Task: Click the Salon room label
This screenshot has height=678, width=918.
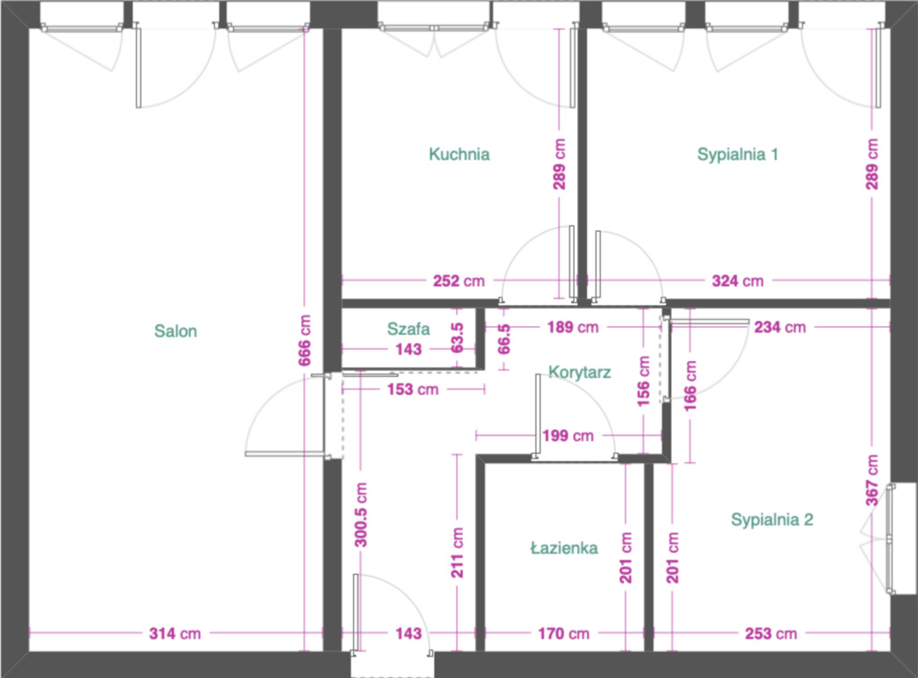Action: tap(176, 331)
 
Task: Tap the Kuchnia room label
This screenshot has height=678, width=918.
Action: tap(459, 154)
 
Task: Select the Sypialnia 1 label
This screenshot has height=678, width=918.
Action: tap(738, 154)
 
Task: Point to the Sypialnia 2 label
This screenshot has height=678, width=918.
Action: tap(772, 519)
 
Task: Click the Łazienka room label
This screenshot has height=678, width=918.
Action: tap(565, 548)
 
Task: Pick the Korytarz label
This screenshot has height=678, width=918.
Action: tap(580, 372)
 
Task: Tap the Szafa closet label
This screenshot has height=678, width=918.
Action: tap(409, 329)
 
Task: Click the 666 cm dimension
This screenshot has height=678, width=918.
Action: tap(305, 340)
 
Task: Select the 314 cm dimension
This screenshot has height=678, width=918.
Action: tap(175, 633)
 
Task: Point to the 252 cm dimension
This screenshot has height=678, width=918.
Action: tap(459, 281)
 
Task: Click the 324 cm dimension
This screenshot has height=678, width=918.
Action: tap(738, 281)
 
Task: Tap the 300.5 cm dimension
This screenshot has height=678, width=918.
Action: tap(361, 515)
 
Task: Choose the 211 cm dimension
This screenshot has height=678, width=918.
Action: tap(457, 553)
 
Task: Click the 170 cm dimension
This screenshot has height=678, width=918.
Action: tap(564, 633)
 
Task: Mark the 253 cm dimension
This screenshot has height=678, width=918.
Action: tap(771, 633)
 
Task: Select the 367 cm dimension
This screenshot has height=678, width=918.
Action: tap(871, 480)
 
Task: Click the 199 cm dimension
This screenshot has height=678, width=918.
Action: tap(567, 436)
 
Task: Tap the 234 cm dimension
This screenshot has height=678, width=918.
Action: tap(780, 327)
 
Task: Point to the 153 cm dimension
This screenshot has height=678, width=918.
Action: tap(412, 389)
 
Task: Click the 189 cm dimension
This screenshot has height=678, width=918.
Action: tap(573, 327)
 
